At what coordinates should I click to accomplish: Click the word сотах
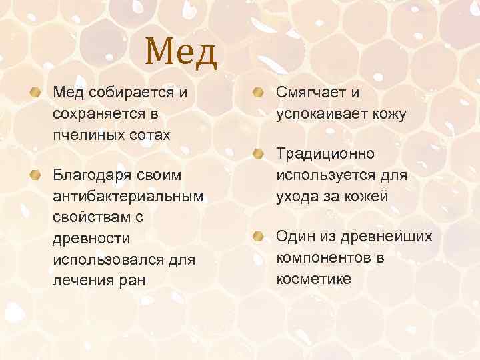[147, 135]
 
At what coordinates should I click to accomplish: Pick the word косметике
[313, 279]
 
